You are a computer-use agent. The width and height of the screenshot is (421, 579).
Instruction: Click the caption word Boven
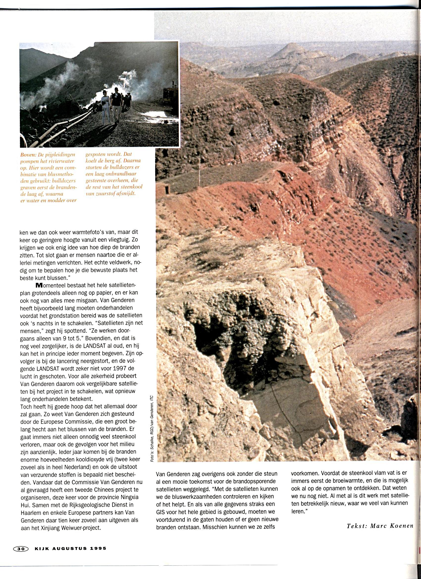(x=28, y=155)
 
